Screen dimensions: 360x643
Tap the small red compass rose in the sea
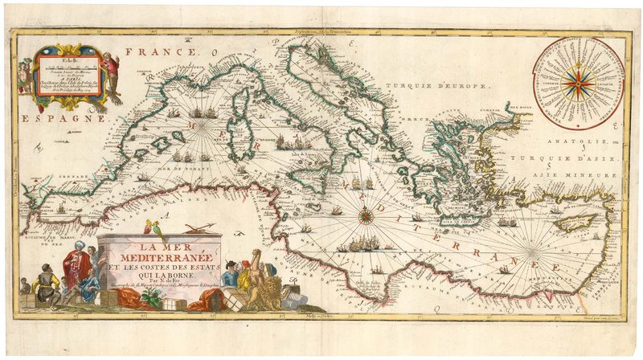(x=366, y=214)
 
